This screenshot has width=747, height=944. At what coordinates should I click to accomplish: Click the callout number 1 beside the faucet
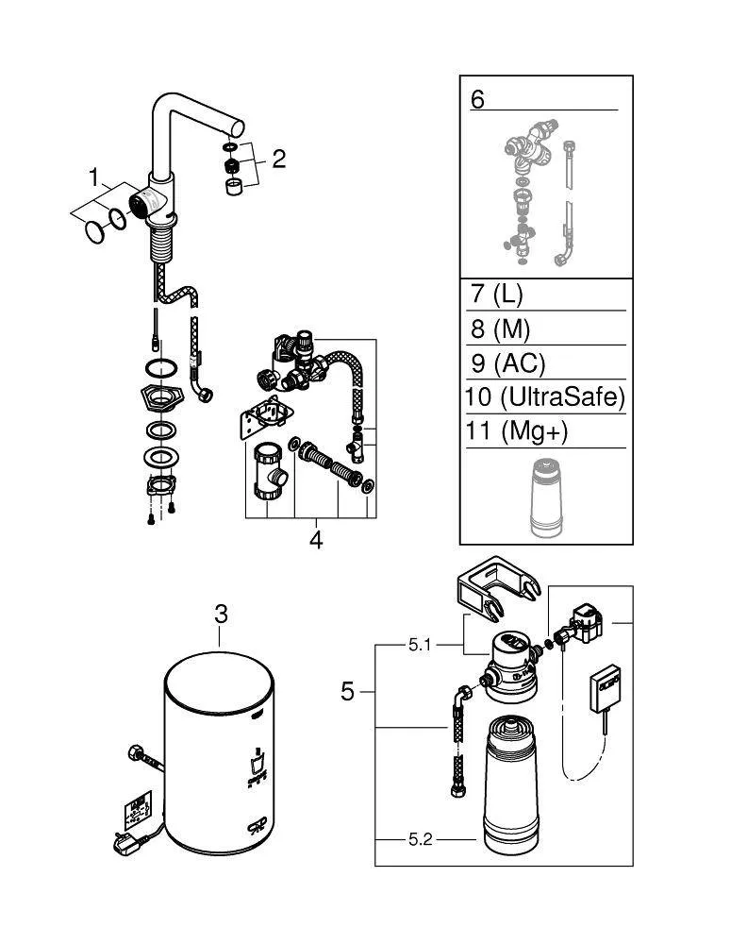(x=94, y=177)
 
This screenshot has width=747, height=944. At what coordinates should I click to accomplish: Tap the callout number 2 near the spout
(x=278, y=158)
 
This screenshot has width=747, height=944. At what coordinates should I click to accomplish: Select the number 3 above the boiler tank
(x=221, y=614)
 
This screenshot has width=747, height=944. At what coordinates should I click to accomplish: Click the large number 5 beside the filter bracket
(x=348, y=692)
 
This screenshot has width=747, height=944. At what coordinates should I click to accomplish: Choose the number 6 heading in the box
(x=477, y=99)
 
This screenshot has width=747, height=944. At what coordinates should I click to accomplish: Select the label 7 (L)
(x=496, y=294)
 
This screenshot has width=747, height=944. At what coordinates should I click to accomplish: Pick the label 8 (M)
(x=500, y=329)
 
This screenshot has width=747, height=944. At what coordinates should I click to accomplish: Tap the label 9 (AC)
(x=506, y=362)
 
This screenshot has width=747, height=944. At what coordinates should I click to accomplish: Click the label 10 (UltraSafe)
(x=544, y=397)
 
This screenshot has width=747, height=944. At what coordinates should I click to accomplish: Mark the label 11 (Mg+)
(x=519, y=432)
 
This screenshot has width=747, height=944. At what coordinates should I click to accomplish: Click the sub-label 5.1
(x=420, y=647)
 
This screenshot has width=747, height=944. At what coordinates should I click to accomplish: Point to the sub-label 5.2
(x=420, y=838)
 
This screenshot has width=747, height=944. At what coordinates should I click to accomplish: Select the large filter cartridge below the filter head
(x=512, y=784)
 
